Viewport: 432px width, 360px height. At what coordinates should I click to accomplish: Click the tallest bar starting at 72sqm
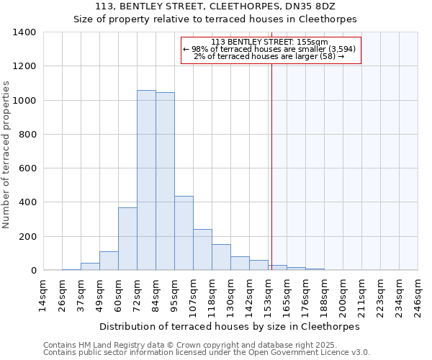(x=146, y=180)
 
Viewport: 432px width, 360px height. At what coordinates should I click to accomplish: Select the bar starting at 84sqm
(x=165, y=181)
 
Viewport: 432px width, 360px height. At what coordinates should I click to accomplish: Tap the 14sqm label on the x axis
(x=42, y=295)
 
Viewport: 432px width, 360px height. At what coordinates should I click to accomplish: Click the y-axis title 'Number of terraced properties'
(x=6, y=154)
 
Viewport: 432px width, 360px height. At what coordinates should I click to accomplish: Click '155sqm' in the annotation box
(x=314, y=42)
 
